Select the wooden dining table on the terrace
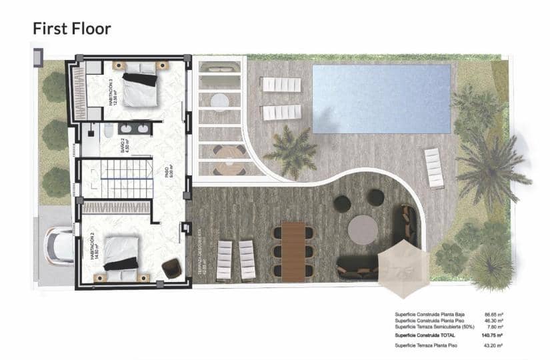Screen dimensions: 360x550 pyautogui.click(x=293, y=251)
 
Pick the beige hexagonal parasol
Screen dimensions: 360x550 pyautogui.click(x=404, y=267)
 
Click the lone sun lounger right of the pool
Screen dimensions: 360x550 pyautogui.click(x=434, y=168)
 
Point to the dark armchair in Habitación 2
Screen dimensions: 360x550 pyautogui.click(x=171, y=267)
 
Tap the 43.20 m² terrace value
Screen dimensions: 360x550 pyautogui.click(x=492, y=346)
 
